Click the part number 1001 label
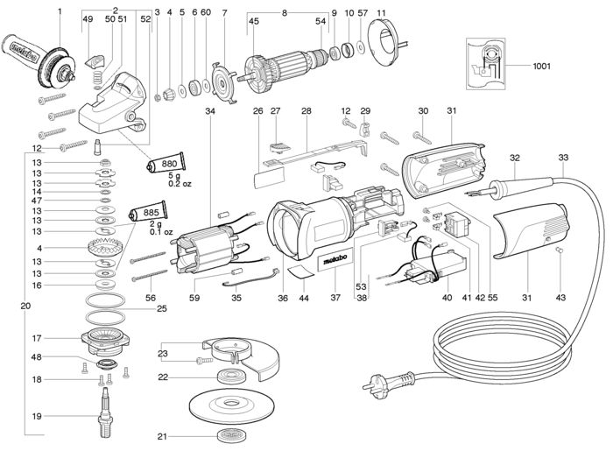tap(541, 66)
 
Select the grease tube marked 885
tap(148, 213)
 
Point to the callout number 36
tap(283, 299)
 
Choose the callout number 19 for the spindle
tap(37, 416)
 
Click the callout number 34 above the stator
tap(210, 111)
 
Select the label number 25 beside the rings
tap(161, 309)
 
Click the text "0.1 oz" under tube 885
tap(160, 232)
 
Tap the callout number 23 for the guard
tap(163, 353)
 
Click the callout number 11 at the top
tap(381, 13)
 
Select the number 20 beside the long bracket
tap(25, 306)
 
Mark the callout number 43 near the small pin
tap(560, 298)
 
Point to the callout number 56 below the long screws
tap(150, 299)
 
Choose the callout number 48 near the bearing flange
tap(37, 357)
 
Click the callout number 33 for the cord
tap(563, 158)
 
